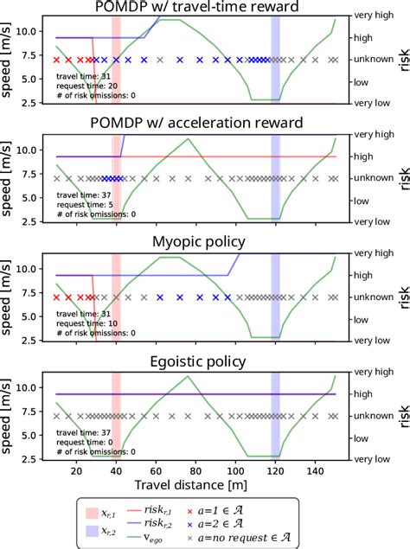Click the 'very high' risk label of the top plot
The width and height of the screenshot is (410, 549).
coord(373,16)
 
